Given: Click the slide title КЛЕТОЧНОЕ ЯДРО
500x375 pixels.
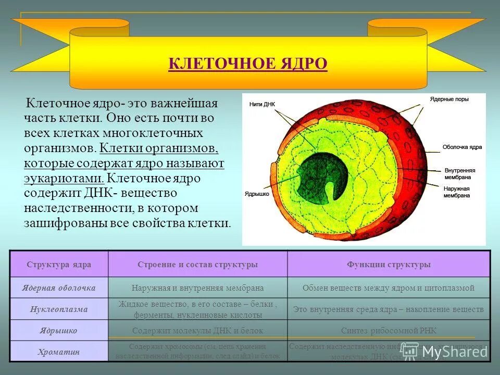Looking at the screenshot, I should pyautogui.click(x=248, y=64).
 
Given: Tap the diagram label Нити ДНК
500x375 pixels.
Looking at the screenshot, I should pyautogui.click(x=262, y=104).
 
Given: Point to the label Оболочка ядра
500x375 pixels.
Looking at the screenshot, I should pyautogui.click(x=462, y=147).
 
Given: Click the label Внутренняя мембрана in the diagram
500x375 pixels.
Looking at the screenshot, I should pyautogui.click(x=460, y=174).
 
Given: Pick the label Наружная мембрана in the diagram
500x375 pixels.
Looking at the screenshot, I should pyautogui.click(x=457, y=192).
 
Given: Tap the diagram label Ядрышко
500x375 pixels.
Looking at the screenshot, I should pyautogui.click(x=256, y=194).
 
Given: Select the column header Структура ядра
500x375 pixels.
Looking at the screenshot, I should pyautogui.click(x=59, y=265).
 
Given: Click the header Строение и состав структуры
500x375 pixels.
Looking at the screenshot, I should pyautogui.click(x=198, y=265).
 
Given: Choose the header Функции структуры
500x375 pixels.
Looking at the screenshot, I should pyautogui.click(x=389, y=265).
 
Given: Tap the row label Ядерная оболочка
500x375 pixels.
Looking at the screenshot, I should pyautogui.click(x=59, y=287).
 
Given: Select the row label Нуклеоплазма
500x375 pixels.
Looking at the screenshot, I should pyautogui.click(x=59, y=309).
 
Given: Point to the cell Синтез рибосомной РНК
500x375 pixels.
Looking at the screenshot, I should pyautogui.click(x=389, y=331).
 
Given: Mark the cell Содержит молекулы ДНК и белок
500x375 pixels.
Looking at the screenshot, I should pyautogui.click(x=198, y=331).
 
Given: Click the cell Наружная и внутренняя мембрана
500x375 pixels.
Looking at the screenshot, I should pyautogui.click(x=198, y=287).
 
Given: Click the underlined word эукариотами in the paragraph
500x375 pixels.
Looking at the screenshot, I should pyautogui.click(x=63, y=178).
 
